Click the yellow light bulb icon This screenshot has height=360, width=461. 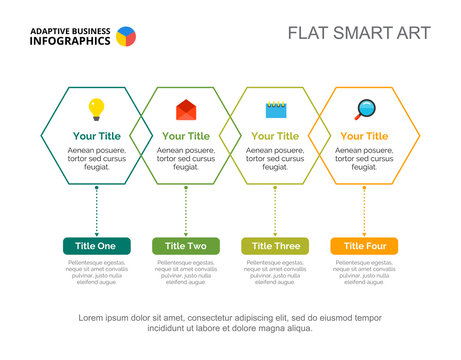pos(96,108)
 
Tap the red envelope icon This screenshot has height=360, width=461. pos(186,109)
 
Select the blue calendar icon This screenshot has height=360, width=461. pos(275,109)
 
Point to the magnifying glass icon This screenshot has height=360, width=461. pos(364,109)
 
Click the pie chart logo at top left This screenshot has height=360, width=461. pos(126,37)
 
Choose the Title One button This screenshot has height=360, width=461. pos(96,246)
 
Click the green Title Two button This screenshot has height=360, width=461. pos(186,246)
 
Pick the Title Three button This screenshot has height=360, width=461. pos(275,246)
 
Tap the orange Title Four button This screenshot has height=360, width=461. pos(364,246)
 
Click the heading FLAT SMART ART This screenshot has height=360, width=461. pos(359,33)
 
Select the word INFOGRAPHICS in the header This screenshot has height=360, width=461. pos(70,42)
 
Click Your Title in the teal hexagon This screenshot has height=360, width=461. pos(96,136)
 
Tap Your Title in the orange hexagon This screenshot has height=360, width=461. pos(364,136)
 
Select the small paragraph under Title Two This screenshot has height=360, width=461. pos(186,272)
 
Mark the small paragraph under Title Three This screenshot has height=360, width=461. pos(275,272)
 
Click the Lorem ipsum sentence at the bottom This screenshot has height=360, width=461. pos(230,322)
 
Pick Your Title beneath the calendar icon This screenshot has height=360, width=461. pos(275,136)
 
